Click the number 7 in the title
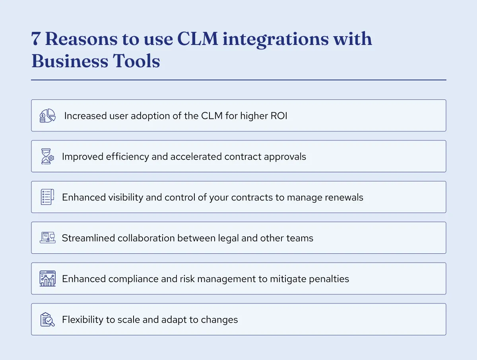click(35, 40)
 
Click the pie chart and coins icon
click(47, 116)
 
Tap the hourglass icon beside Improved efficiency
click(47, 156)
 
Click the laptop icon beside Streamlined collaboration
click(47, 238)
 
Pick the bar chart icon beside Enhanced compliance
click(47, 279)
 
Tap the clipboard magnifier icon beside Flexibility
click(47, 319)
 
